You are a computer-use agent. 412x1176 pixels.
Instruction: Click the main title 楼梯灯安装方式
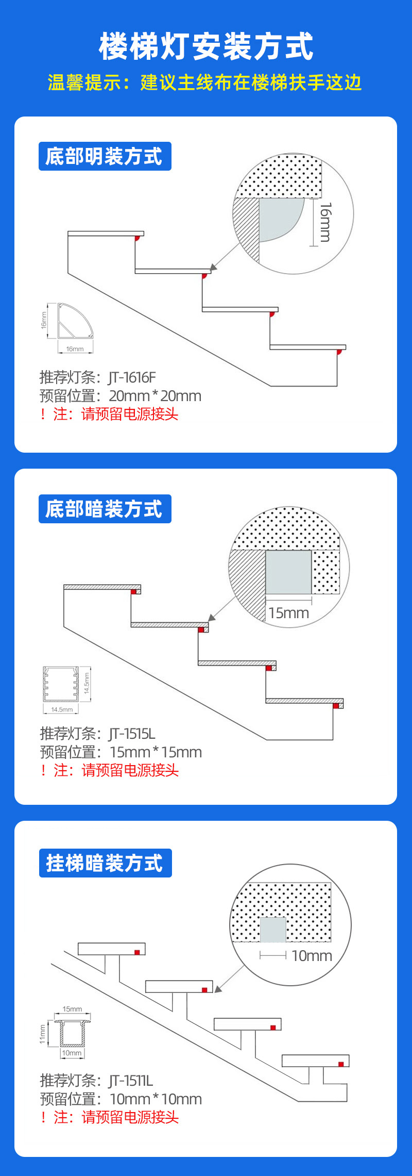click(206, 46)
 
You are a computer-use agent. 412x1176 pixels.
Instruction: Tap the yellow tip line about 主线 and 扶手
click(205, 82)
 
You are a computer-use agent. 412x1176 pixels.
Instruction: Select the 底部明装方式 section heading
click(105, 156)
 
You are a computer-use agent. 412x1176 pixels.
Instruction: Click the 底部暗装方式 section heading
click(105, 509)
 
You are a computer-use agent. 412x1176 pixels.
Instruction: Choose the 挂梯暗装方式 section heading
click(105, 863)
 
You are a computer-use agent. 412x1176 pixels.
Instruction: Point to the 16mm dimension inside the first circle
click(325, 222)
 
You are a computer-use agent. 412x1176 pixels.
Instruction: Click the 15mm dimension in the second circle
click(288, 613)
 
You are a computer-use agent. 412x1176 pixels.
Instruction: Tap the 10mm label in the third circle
click(312, 956)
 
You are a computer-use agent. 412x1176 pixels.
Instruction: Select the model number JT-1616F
click(132, 377)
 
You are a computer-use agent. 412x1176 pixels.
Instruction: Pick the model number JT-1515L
click(132, 734)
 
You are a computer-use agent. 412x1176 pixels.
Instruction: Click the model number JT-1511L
click(131, 1081)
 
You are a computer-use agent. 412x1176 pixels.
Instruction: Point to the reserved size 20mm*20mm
click(155, 396)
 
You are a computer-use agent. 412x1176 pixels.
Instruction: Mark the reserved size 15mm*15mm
click(156, 752)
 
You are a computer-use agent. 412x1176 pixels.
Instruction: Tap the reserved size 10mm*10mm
click(156, 1099)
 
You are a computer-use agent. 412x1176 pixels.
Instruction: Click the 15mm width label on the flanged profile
click(72, 1009)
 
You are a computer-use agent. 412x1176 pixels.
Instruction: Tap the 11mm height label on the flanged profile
click(43, 1034)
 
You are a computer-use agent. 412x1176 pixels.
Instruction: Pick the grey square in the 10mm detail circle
click(272, 930)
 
